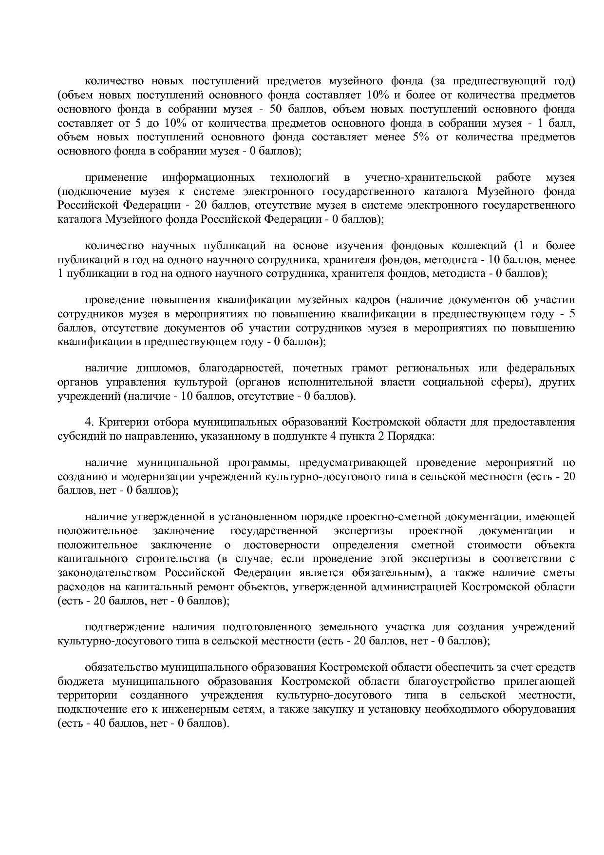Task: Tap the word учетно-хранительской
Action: click(x=423, y=177)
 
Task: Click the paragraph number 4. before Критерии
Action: click(x=89, y=422)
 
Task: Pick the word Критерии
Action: click(x=118, y=422)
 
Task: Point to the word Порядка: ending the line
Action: click(x=416, y=436)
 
